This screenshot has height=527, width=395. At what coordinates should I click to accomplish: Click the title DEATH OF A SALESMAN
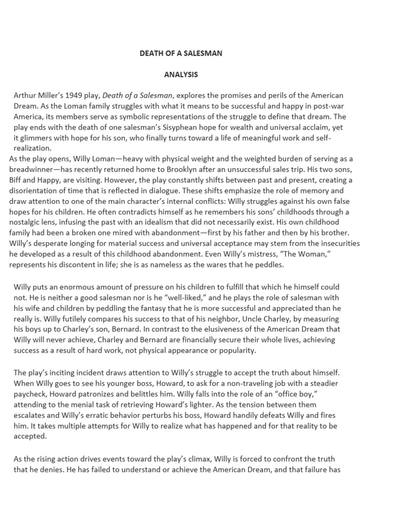coord(181,54)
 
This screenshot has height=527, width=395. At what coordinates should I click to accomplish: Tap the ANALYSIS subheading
coord(181,75)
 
